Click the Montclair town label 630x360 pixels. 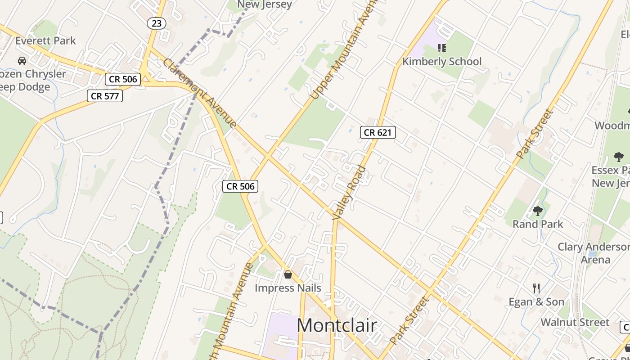(337, 325)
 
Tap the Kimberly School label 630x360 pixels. (441, 62)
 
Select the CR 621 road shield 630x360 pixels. (378, 132)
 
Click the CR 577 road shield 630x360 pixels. (105, 95)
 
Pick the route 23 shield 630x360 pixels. (156, 23)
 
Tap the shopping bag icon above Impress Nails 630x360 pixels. (288, 274)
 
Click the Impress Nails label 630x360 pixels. (288, 288)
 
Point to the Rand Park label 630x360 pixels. (538, 224)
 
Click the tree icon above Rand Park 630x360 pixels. (538, 211)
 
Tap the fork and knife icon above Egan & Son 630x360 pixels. (536, 288)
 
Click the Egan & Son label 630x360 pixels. (536, 302)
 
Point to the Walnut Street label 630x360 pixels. (575, 322)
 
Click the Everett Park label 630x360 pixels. (45, 40)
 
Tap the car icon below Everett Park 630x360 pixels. (22, 60)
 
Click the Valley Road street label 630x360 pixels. (349, 193)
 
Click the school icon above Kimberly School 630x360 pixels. (441, 48)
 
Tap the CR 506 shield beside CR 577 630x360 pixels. (123, 79)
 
